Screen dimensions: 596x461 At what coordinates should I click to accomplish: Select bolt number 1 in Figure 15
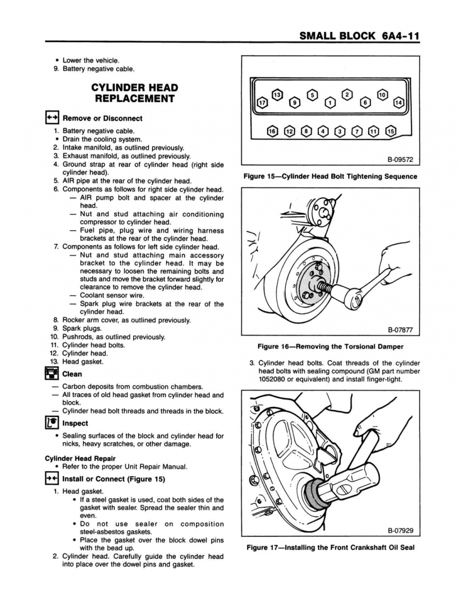329,103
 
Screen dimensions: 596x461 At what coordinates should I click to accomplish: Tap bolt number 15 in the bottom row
391,131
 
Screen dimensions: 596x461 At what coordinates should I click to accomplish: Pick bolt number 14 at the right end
398,103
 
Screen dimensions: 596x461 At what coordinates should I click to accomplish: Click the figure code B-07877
400,330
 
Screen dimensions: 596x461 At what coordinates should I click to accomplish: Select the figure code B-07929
400,531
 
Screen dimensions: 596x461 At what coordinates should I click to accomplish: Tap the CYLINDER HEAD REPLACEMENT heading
134,93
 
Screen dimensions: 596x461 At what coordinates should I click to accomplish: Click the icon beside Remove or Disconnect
52,118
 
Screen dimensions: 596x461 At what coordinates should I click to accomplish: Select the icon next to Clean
52,373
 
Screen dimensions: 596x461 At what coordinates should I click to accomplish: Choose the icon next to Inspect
52,423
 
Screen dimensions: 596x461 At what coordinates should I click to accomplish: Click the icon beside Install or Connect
52,479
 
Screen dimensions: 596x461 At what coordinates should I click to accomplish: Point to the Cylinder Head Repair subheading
80,458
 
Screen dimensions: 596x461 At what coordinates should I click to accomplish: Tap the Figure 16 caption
330,346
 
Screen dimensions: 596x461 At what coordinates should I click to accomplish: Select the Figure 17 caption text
330,548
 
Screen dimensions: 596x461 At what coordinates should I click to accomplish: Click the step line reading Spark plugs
82,328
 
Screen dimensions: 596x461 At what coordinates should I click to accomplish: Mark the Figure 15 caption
330,176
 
